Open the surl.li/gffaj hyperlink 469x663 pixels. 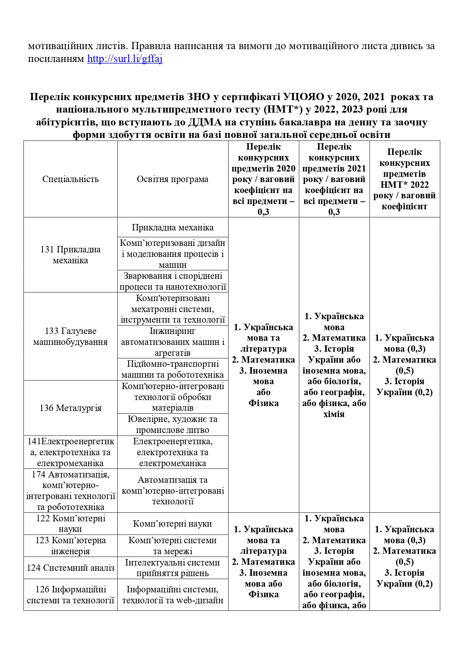[125, 59]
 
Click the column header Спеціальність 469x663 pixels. [70, 179]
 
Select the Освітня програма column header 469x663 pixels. [172, 179]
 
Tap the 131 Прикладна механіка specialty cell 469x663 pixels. [70, 255]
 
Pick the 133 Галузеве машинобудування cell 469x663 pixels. [70, 337]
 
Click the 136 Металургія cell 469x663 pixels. [70, 408]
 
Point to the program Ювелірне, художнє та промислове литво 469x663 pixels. [172, 425]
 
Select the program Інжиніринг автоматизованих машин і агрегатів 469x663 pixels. [172, 342]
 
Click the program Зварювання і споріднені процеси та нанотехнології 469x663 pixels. [172, 281]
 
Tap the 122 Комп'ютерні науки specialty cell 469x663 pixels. [70, 524]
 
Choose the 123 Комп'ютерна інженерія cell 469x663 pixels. [70, 546]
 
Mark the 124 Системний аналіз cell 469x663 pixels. [70, 568]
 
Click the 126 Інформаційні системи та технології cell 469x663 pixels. [70, 595]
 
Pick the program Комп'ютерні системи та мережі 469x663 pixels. [172, 546]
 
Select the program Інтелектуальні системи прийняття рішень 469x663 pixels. [172, 568]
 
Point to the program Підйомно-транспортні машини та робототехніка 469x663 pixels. [172, 369]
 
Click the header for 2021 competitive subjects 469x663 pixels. [334, 179]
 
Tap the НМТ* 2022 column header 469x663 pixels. [404, 179]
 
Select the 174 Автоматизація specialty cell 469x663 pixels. [70, 491]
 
